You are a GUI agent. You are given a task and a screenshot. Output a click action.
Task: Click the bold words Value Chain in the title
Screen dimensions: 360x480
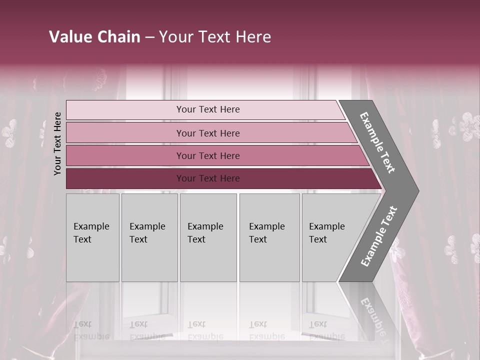94,37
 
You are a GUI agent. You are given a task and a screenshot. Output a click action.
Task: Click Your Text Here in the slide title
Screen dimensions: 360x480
215,37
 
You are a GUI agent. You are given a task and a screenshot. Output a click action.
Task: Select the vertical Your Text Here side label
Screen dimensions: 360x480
58,143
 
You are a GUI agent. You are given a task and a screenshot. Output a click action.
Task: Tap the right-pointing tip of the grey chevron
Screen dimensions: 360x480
413,191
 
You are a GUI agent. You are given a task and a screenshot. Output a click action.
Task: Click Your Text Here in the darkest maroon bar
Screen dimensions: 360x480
208,178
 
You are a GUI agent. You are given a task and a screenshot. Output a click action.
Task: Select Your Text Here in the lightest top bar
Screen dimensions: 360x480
208,109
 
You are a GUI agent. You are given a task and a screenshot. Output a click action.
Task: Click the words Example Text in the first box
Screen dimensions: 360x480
91,232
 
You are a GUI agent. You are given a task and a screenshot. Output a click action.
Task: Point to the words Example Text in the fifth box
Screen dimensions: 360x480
326,232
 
